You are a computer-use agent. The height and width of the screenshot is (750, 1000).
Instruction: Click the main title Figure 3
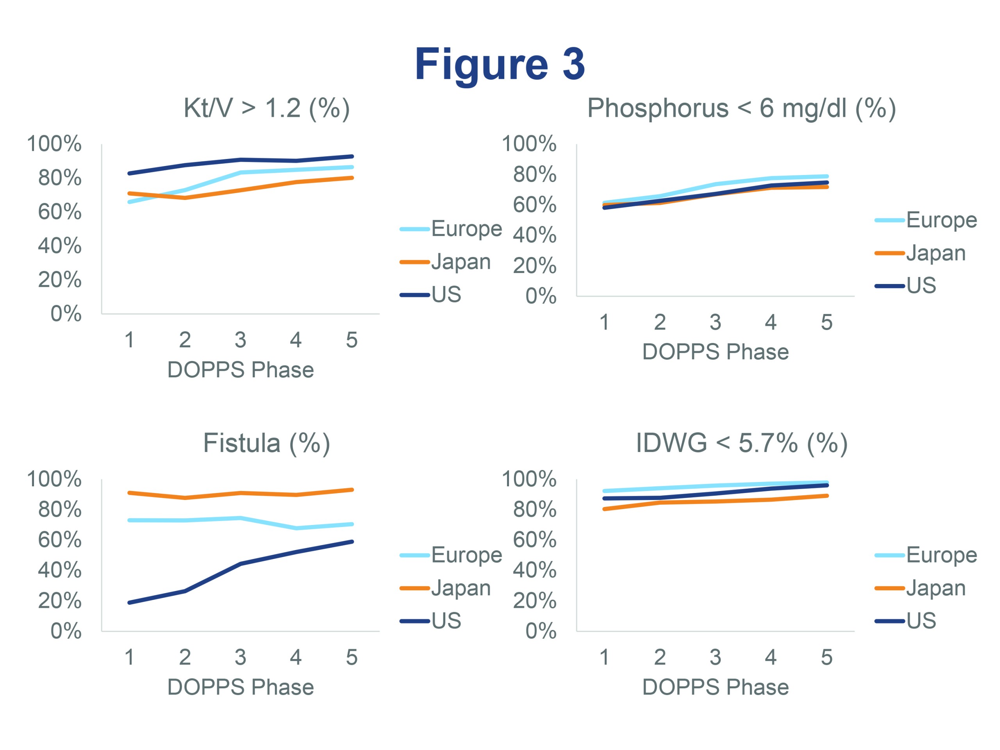(500, 64)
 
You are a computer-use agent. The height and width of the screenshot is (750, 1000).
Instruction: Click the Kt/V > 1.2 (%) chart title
(266, 108)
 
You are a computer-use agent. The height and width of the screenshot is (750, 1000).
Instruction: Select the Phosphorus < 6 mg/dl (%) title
(741, 108)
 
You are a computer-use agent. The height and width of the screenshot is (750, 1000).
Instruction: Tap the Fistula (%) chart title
(266, 443)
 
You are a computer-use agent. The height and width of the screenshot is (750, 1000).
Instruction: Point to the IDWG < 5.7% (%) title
(741, 443)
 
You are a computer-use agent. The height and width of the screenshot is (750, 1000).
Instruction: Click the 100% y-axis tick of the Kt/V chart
(54, 144)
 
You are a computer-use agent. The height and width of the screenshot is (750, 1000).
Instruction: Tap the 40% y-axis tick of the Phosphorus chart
(534, 235)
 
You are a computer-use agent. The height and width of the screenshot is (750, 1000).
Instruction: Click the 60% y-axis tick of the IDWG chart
(534, 539)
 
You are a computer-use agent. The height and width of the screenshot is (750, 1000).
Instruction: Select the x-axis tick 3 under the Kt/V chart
(241, 340)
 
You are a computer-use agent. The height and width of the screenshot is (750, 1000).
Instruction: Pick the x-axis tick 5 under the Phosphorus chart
(827, 322)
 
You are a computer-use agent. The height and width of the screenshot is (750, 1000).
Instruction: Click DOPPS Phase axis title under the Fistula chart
(241, 687)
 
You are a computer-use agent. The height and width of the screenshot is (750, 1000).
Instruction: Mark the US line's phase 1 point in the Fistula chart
(130, 603)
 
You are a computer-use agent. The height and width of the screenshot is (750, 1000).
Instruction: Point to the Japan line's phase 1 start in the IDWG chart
(605, 509)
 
